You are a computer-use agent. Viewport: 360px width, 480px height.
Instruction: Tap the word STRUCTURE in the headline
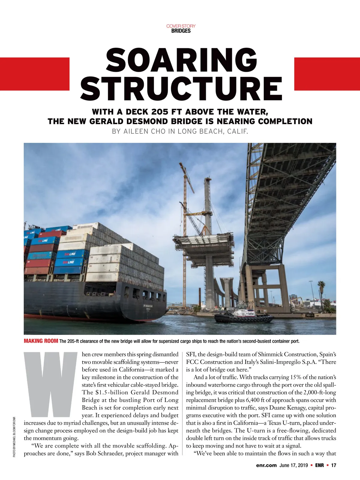pyautogui.click(x=181, y=88)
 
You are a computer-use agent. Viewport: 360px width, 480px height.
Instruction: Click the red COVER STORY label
pyautogui.click(x=181, y=26)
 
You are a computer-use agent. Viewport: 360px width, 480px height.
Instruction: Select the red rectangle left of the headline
pyautogui.click(x=34, y=74)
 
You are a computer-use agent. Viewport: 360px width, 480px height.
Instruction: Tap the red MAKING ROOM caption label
pyautogui.click(x=41, y=341)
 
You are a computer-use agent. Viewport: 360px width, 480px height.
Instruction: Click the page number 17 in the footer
pyautogui.click(x=334, y=466)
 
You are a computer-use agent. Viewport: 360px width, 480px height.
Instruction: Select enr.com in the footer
pyautogui.click(x=266, y=466)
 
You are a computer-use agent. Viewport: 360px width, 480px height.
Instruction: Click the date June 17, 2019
pyautogui.click(x=293, y=466)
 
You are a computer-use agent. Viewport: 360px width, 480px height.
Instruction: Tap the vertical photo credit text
pyautogui.click(x=14, y=436)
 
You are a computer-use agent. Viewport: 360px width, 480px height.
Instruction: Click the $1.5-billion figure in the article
pyautogui.click(x=114, y=392)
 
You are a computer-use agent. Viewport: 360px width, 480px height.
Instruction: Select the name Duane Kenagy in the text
pyautogui.click(x=286, y=408)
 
